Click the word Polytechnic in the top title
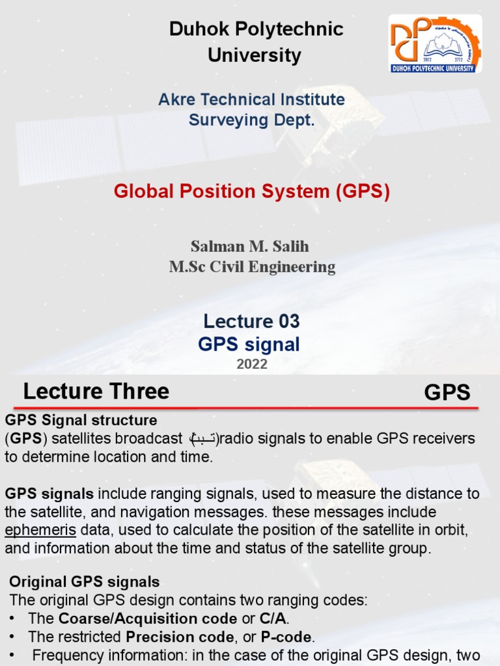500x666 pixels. (x=288, y=29)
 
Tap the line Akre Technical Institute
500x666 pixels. (x=251, y=100)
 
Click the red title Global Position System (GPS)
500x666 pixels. (x=251, y=191)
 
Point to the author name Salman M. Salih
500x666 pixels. (x=249, y=246)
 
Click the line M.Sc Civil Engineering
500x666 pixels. (x=252, y=267)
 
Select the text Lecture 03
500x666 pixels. (x=251, y=321)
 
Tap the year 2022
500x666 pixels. (x=251, y=364)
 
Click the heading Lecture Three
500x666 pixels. (x=96, y=392)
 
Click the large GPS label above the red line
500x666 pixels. (x=447, y=393)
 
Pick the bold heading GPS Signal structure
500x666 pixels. (x=81, y=420)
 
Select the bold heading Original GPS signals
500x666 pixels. (x=85, y=581)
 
